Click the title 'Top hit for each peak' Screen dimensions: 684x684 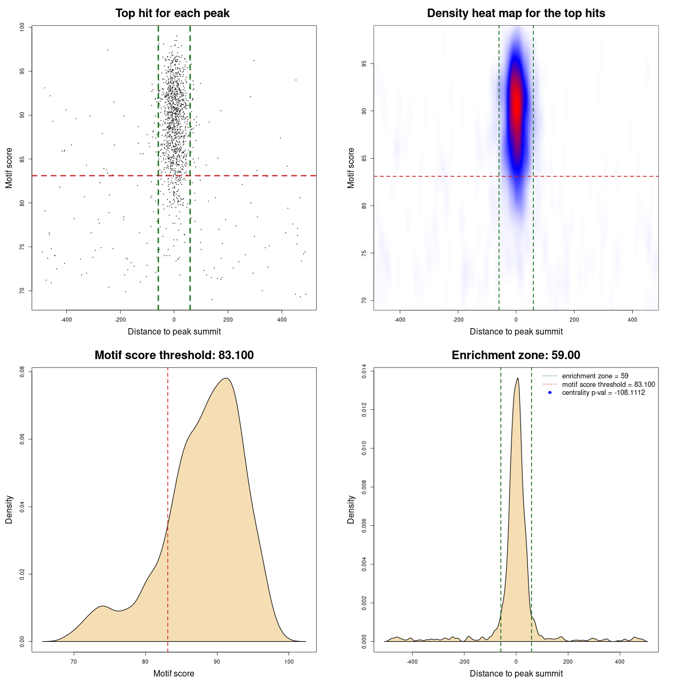pyautogui.click(x=172, y=13)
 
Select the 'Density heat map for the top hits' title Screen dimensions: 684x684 pyautogui.click(x=516, y=13)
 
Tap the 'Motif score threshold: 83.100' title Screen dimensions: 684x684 pyautogui.click(x=174, y=355)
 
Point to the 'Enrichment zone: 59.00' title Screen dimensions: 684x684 pyautogui.click(x=516, y=355)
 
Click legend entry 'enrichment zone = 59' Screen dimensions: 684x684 pyautogui.click(x=595, y=376)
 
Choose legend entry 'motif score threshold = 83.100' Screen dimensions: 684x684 pyautogui.click(x=608, y=385)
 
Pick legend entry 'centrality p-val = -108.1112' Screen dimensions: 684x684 pyautogui.click(x=603, y=393)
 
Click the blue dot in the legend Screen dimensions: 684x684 pyautogui.click(x=550, y=393)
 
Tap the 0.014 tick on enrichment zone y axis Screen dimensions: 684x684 pyautogui.click(x=364, y=371)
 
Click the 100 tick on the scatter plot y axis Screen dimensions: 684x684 pyautogui.click(x=22, y=27)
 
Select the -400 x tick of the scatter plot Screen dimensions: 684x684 pyautogui.click(x=66, y=320)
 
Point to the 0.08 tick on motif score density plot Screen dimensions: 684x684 pyautogui.click(x=22, y=371)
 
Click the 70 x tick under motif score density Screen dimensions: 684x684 pyautogui.click(x=74, y=662)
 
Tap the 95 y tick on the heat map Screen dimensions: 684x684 pyautogui.click(x=364, y=64)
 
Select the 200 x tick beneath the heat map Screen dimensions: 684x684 pyautogui.click(x=574, y=320)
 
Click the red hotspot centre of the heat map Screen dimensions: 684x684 pyautogui.click(x=516, y=102)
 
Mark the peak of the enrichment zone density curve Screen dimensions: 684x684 pyautogui.click(x=517, y=378)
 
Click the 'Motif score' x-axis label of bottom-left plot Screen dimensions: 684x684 pyautogui.click(x=174, y=673)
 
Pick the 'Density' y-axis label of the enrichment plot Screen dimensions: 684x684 pyautogui.click(x=351, y=509)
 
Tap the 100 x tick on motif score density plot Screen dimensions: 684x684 pyautogui.click(x=289, y=662)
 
